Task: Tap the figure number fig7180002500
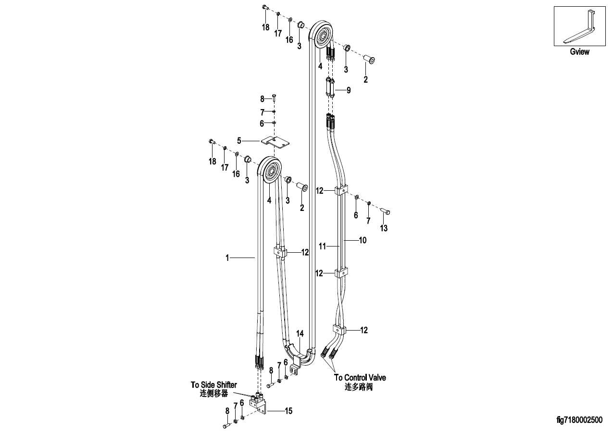pos(579,420)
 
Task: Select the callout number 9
pos(349,90)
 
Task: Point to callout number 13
pos(384,228)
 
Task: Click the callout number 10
pos(363,240)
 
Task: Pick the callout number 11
pos(323,246)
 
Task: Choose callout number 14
pos(300,333)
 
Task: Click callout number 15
pos(289,411)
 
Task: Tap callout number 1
pos(227,258)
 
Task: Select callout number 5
pos(239,141)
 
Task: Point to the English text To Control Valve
pos(360,378)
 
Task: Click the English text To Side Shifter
pos(214,385)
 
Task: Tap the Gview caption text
pos(579,52)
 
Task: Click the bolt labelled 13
pos(385,211)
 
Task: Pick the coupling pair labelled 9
pos(330,87)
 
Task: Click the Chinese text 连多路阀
pos(359,387)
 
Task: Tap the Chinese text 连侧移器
pos(214,394)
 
